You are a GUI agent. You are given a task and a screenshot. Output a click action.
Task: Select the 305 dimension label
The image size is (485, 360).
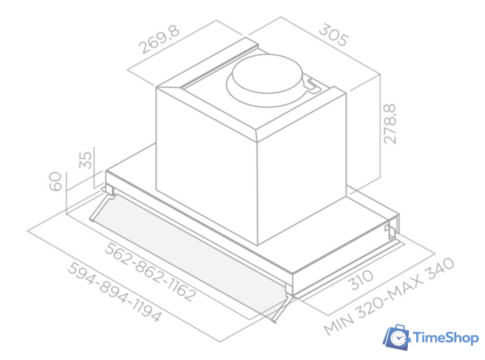[x=334, y=35]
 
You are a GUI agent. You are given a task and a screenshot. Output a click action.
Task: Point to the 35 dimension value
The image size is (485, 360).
[x=85, y=159]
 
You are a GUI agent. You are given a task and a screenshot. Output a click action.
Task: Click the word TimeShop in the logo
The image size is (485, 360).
[x=446, y=338]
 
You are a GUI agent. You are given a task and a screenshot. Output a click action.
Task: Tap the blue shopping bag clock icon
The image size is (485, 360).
[x=397, y=337]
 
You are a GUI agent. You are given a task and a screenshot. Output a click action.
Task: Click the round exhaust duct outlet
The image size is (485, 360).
[x=267, y=76]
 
